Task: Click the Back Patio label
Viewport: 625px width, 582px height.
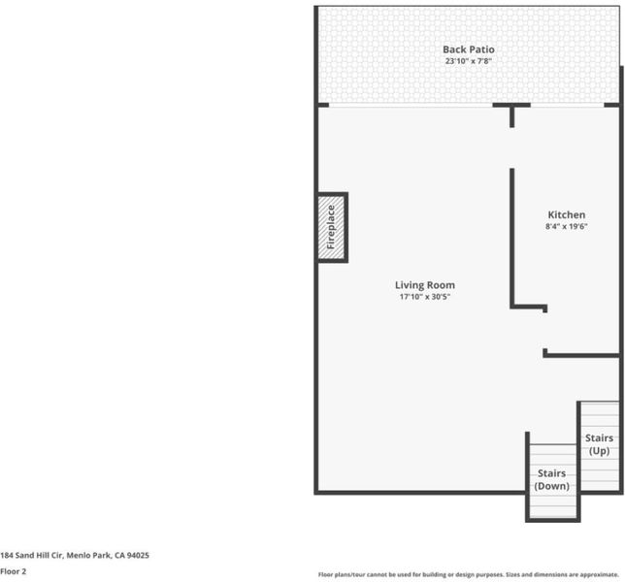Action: click(x=469, y=49)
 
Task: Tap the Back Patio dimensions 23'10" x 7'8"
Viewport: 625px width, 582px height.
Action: click(x=469, y=61)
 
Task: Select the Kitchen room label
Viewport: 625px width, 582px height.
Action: click(x=567, y=214)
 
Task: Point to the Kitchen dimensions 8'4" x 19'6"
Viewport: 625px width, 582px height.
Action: click(x=567, y=226)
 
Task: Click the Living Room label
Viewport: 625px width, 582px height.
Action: click(x=425, y=285)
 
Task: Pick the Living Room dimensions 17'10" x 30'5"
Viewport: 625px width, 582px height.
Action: click(x=425, y=297)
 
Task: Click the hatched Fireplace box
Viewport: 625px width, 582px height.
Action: click(x=333, y=227)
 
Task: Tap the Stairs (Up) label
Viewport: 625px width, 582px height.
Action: click(x=599, y=444)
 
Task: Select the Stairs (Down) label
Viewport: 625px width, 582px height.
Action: click(x=551, y=479)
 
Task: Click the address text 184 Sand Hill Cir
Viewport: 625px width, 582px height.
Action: click(x=31, y=555)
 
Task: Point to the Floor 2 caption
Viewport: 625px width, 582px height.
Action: click(x=14, y=571)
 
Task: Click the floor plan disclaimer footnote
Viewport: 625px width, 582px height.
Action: click(x=469, y=574)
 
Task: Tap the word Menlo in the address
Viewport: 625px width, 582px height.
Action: click(x=77, y=555)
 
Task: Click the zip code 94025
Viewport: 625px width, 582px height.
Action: click(x=138, y=555)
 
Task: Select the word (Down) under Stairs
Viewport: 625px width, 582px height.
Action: click(x=551, y=486)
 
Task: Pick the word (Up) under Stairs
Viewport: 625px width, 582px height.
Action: click(x=599, y=451)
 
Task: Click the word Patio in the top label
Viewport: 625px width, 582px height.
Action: click(x=482, y=49)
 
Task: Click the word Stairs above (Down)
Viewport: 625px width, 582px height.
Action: click(x=551, y=473)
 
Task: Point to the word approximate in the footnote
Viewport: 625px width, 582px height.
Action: click(x=599, y=575)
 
